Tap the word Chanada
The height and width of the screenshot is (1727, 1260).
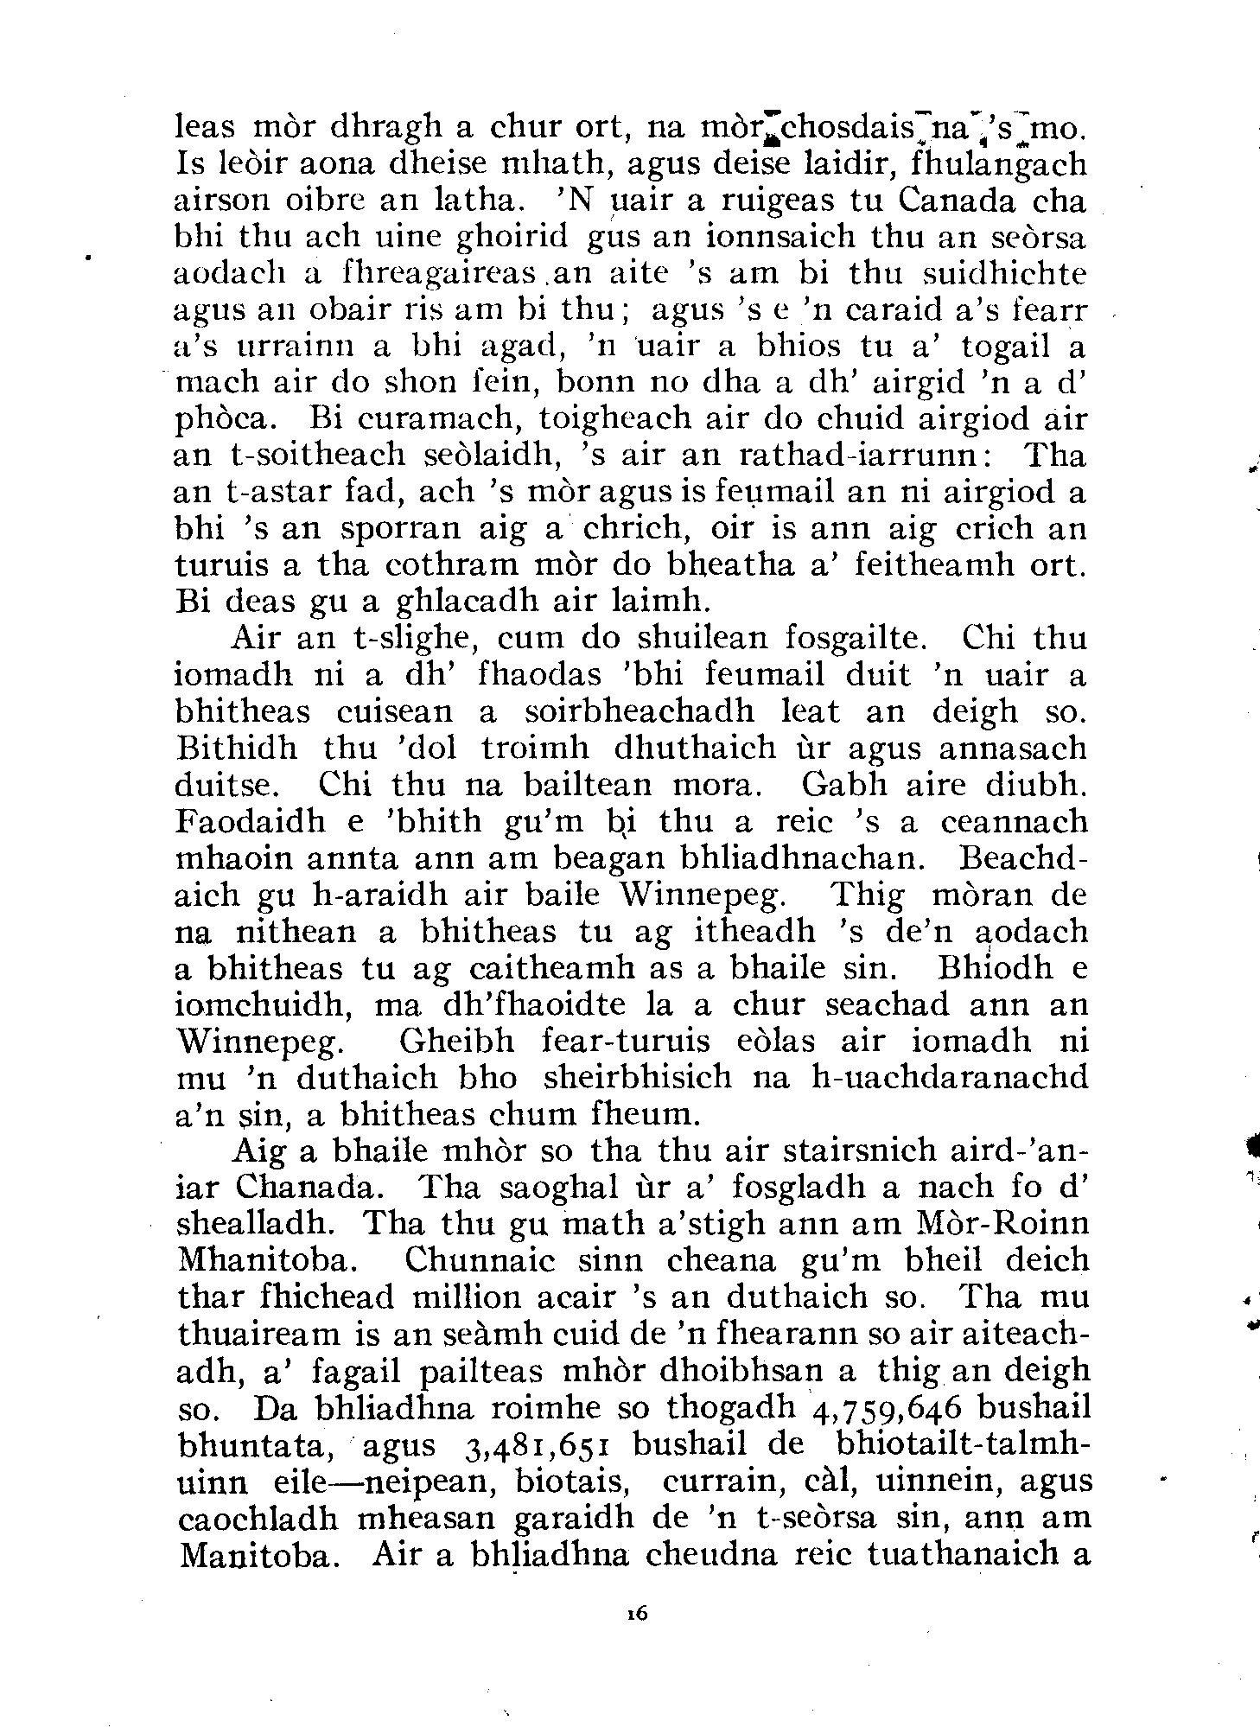point(291,1187)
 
